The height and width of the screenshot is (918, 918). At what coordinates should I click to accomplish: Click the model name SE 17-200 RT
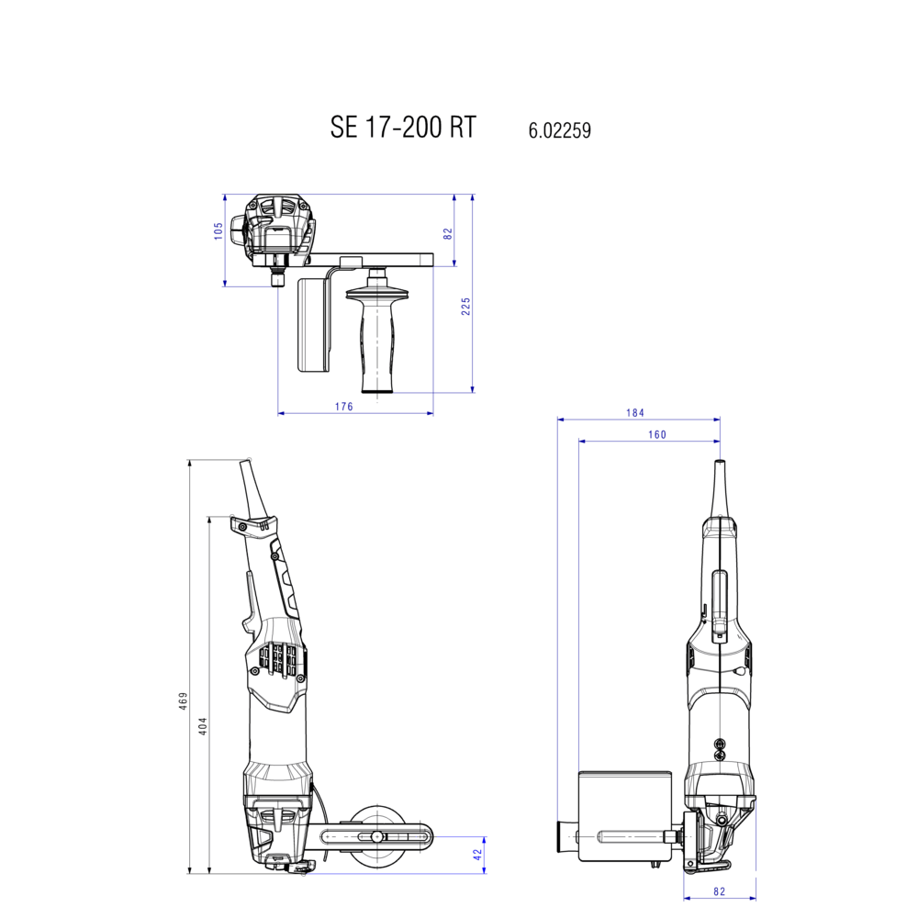[403, 128]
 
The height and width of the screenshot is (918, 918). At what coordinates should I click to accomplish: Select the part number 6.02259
[559, 130]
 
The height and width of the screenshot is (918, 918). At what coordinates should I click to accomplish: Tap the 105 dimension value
[218, 230]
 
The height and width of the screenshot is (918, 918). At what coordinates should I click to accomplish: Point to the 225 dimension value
[465, 307]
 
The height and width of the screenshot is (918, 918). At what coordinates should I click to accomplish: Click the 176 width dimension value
[343, 407]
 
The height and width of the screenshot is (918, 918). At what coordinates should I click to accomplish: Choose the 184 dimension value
[635, 413]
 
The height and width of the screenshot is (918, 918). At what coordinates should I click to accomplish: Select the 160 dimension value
[656, 435]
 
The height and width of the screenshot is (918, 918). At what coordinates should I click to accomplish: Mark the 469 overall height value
[183, 700]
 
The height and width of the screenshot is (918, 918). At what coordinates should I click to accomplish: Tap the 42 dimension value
[477, 854]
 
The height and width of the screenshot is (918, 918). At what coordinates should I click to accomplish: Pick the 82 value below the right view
[719, 890]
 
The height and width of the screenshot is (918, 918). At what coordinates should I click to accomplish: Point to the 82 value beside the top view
[448, 233]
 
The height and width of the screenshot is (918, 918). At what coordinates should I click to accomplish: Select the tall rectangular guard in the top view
[312, 326]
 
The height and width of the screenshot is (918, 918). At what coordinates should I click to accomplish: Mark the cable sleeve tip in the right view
[719, 470]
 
